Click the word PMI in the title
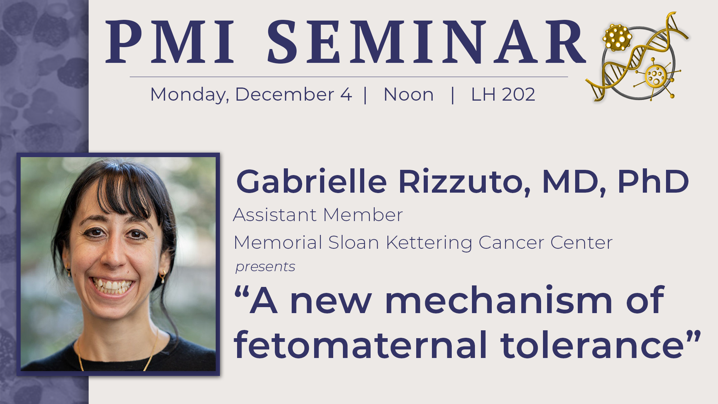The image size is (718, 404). pyautogui.click(x=171, y=42)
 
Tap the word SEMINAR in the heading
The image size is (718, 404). pyautogui.click(x=426, y=42)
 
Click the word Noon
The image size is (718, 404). pyautogui.click(x=408, y=95)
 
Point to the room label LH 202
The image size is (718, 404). pyautogui.click(x=503, y=95)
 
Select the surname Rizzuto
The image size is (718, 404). pyautogui.click(x=464, y=181)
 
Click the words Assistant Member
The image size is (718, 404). pyautogui.click(x=318, y=215)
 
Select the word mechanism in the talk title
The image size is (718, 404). pyautogui.click(x=498, y=300)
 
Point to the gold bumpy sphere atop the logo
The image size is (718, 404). pyautogui.click(x=617, y=37)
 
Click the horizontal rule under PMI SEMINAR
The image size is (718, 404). pyautogui.click(x=349, y=77)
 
